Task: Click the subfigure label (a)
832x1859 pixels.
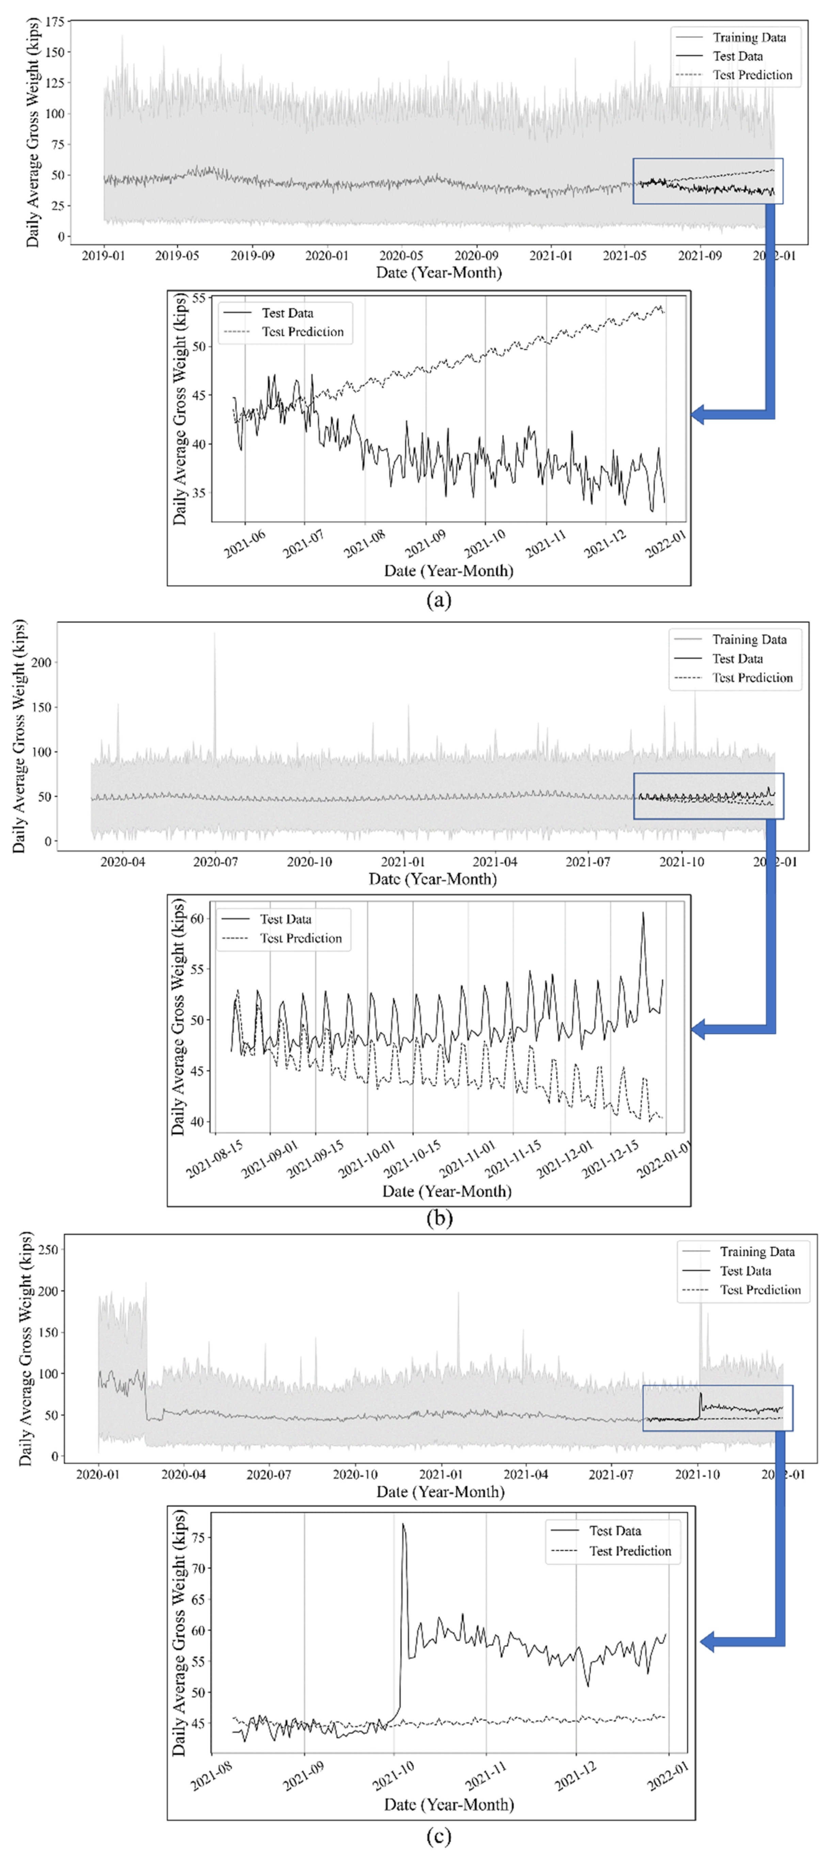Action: (x=439, y=599)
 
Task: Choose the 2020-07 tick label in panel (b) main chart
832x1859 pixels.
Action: (x=215, y=862)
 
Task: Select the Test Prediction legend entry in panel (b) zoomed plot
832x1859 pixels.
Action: (x=301, y=938)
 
